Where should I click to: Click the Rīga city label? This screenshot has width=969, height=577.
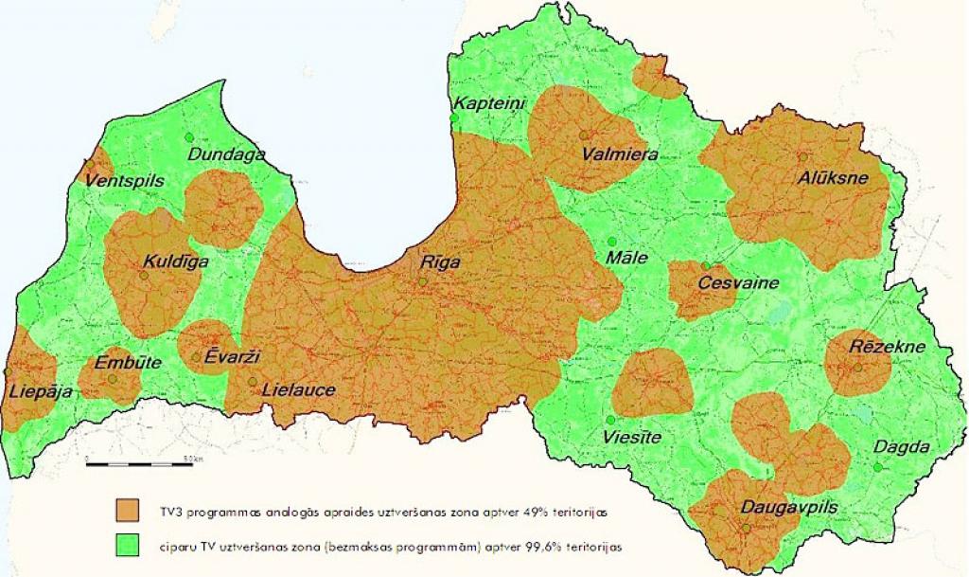(442, 263)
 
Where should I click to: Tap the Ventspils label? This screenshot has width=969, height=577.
(124, 180)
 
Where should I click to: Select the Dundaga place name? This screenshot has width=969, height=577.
(226, 154)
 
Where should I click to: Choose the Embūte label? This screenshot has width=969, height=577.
(128, 363)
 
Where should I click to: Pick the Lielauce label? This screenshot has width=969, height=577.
(298, 388)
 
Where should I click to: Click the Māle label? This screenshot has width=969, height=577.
(626, 258)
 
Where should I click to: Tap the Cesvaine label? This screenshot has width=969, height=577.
(738, 282)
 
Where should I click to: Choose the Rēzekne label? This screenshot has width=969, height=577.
(887, 346)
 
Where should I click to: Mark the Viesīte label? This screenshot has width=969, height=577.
(632, 438)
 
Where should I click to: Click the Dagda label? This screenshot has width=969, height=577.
(901, 447)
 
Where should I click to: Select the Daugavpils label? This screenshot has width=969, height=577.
(789, 508)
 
